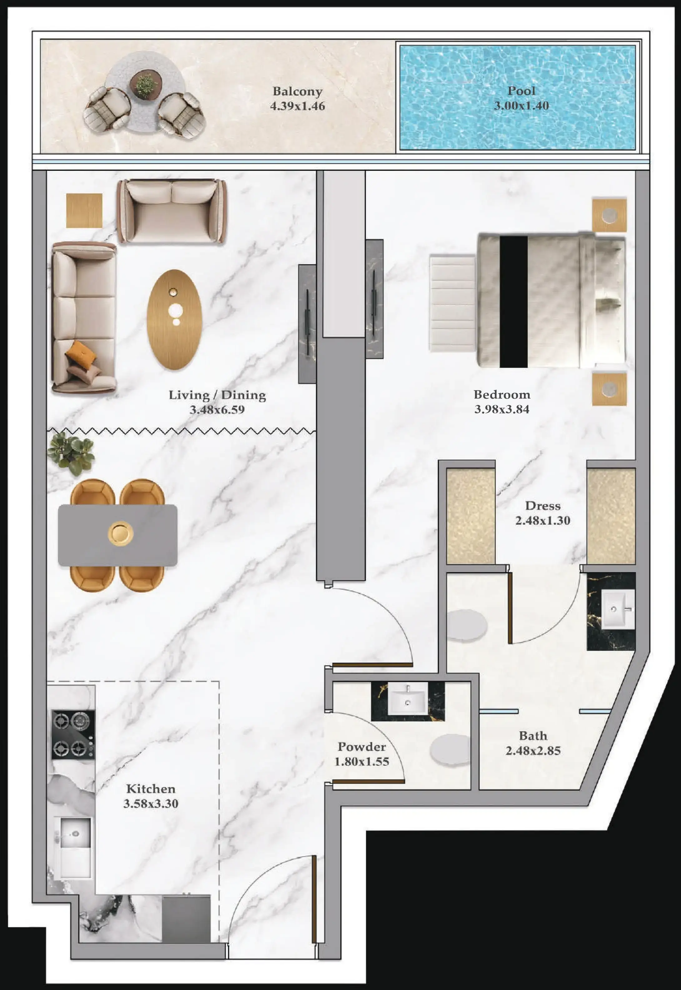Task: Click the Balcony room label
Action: click(x=297, y=91)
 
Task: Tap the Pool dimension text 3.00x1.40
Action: click(x=521, y=106)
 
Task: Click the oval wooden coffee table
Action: click(x=174, y=319)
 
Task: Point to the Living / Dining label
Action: click(x=217, y=395)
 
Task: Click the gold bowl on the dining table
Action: click(x=120, y=533)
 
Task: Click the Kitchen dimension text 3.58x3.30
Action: click(x=151, y=804)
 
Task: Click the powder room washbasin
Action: click(x=407, y=698)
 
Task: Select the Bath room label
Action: click(x=533, y=736)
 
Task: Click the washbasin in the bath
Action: click(x=617, y=609)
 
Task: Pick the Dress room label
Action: click(x=542, y=506)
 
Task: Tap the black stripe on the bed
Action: click(x=513, y=301)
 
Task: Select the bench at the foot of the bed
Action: click(x=452, y=303)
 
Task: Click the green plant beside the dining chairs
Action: click(x=71, y=453)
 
